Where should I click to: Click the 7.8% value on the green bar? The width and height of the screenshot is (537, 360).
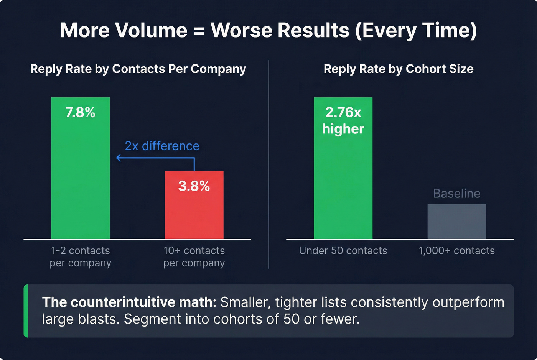pyautogui.click(x=80, y=112)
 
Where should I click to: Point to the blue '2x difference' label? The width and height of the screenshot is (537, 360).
pyautogui.click(x=162, y=146)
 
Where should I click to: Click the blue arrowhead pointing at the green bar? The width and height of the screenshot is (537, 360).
pyautogui.click(x=119, y=158)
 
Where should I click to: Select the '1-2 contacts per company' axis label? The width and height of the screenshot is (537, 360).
pyautogui.click(x=80, y=256)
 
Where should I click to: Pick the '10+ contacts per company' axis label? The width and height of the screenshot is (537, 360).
pyautogui.click(x=194, y=256)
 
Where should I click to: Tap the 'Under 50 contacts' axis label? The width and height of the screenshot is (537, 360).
pyautogui.click(x=343, y=251)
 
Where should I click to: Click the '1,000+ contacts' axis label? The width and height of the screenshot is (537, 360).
pyautogui.click(x=456, y=251)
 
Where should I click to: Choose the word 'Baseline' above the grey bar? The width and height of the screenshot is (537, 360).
pyautogui.click(x=456, y=194)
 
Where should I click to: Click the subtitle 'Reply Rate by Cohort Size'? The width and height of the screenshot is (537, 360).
pyautogui.click(x=399, y=69)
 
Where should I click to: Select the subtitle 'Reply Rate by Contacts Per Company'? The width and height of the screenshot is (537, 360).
pyautogui.click(x=138, y=69)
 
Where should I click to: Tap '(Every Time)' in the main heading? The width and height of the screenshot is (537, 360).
pyautogui.click(x=416, y=30)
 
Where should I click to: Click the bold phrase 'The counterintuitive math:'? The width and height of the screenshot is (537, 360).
pyautogui.click(x=129, y=302)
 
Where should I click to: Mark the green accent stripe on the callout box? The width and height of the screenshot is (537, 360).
pyautogui.click(x=26, y=311)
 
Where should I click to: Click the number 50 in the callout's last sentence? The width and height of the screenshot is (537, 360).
pyautogui.click(x=292, y=319)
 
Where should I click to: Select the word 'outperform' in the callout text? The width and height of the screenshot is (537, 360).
pyautogui.click(x=468, y=302)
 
